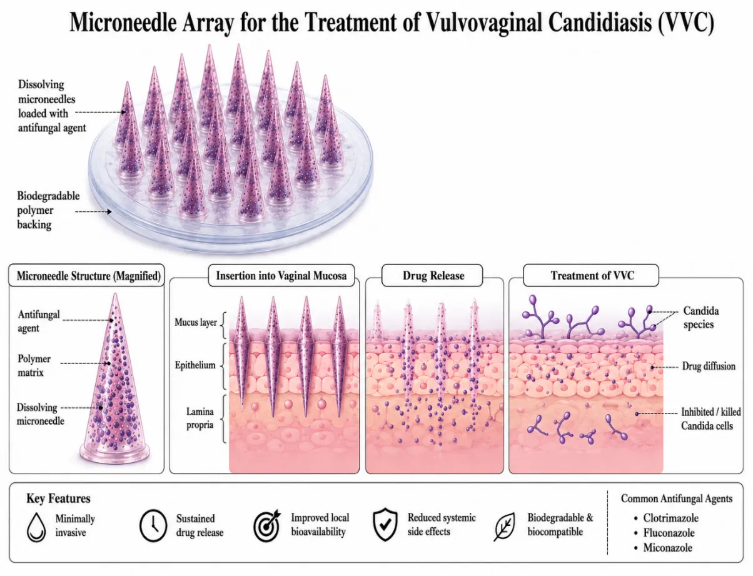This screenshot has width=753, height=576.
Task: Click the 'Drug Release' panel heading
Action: coord(433,275)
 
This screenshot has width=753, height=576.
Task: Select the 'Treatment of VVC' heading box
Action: coord(591,275)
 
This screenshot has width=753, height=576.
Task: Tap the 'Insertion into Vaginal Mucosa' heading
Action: coord(281,275)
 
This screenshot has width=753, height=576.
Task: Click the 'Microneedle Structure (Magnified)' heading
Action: coord(89,276)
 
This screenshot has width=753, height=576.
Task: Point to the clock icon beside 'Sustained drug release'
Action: coord(153,525)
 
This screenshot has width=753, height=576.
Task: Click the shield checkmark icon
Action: coord(385,525)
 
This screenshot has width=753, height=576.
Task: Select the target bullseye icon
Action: coord(267,525)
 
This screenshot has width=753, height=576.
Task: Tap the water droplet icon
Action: coord(36,527)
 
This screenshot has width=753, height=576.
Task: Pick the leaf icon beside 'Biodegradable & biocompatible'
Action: coord(504,527)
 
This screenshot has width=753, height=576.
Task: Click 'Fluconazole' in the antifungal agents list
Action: coord(669,532)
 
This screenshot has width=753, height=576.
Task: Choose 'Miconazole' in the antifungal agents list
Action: coord(667,547)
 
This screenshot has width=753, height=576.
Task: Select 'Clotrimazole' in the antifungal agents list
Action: coord(670,518)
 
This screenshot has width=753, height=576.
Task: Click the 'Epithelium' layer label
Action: coord(195,365)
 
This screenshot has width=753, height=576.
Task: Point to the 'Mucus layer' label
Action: coord(196,322)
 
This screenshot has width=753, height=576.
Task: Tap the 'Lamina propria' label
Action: coord(200,418)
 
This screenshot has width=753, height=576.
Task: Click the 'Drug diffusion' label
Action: coord(709,366)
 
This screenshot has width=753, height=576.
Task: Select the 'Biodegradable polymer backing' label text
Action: coord(48,210)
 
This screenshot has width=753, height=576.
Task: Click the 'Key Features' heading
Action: coord(58,498)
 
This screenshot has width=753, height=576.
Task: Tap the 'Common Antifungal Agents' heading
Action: coord(677,498)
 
